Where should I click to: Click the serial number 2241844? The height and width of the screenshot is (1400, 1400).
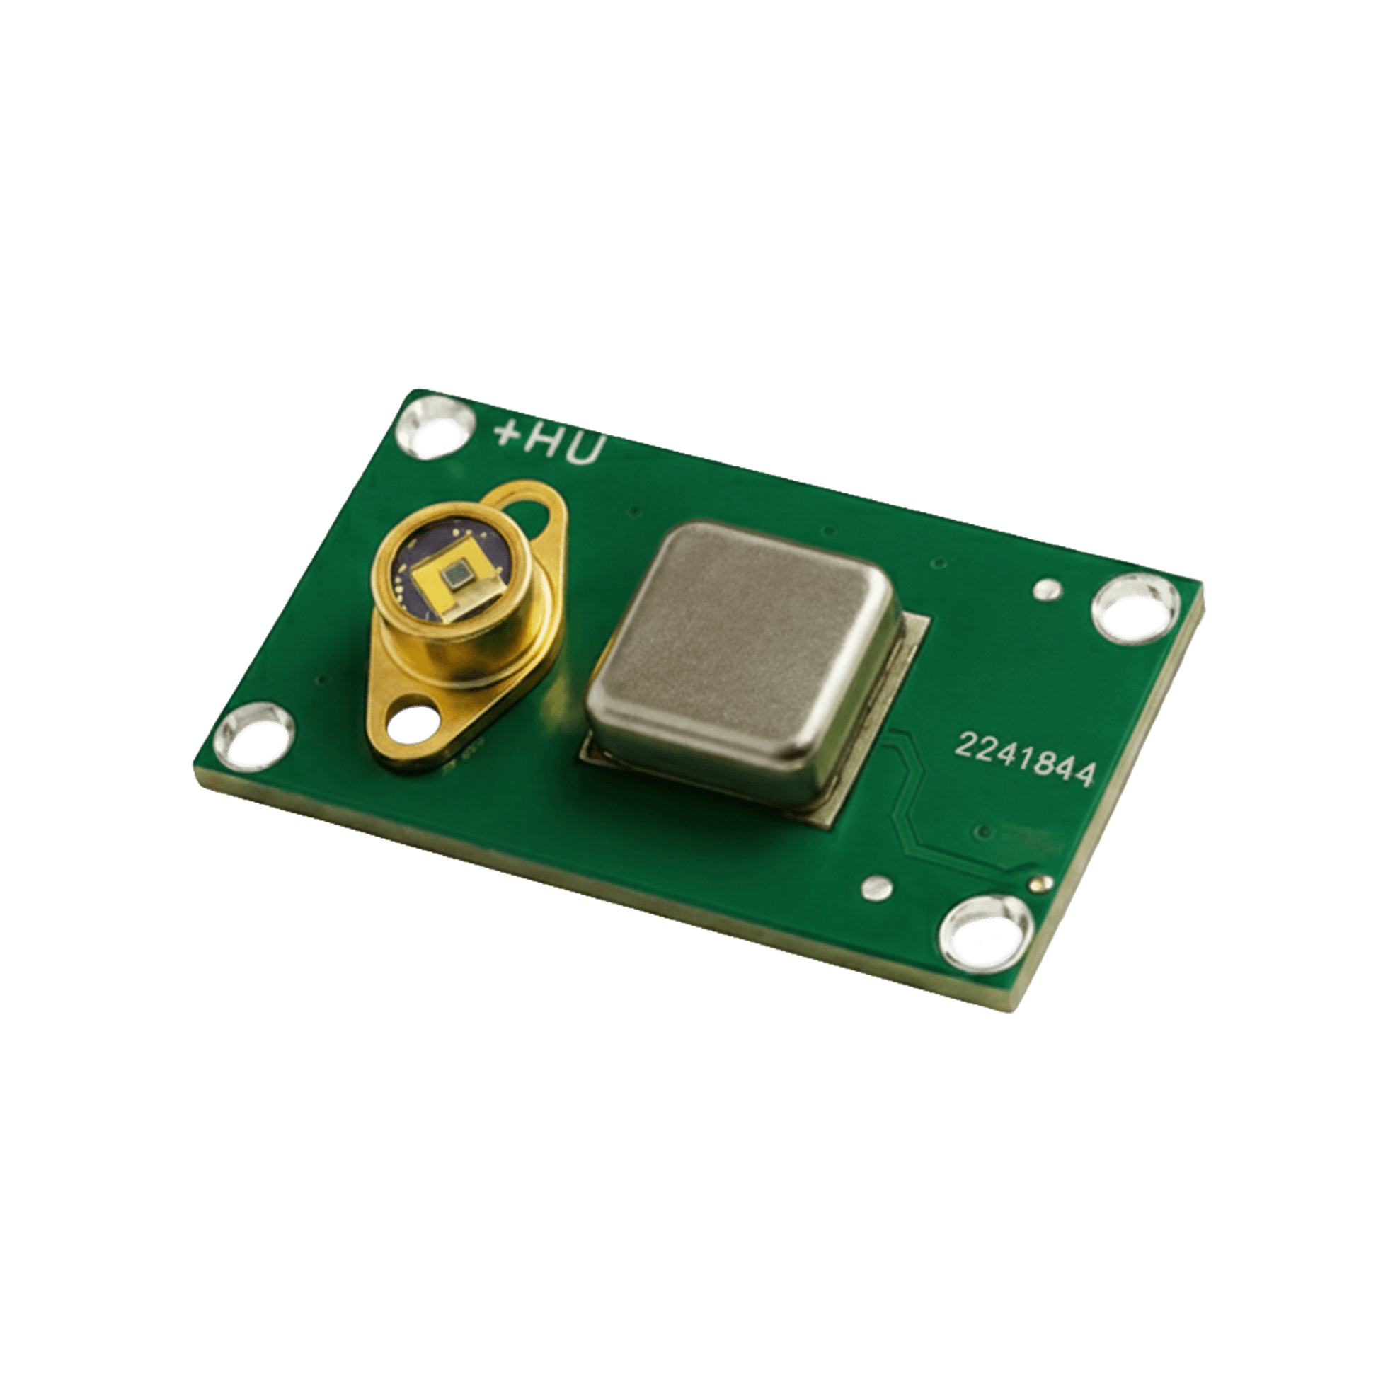(1025, 759)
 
